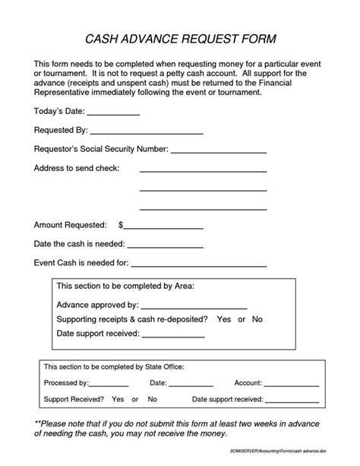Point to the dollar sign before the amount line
point(121,226)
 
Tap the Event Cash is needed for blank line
point(199,265)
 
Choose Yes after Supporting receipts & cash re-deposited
point(223,319)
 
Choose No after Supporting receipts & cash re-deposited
point(257,319)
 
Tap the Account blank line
point(291,384)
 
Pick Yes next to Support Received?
point(118,399)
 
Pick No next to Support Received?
point(152,399)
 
